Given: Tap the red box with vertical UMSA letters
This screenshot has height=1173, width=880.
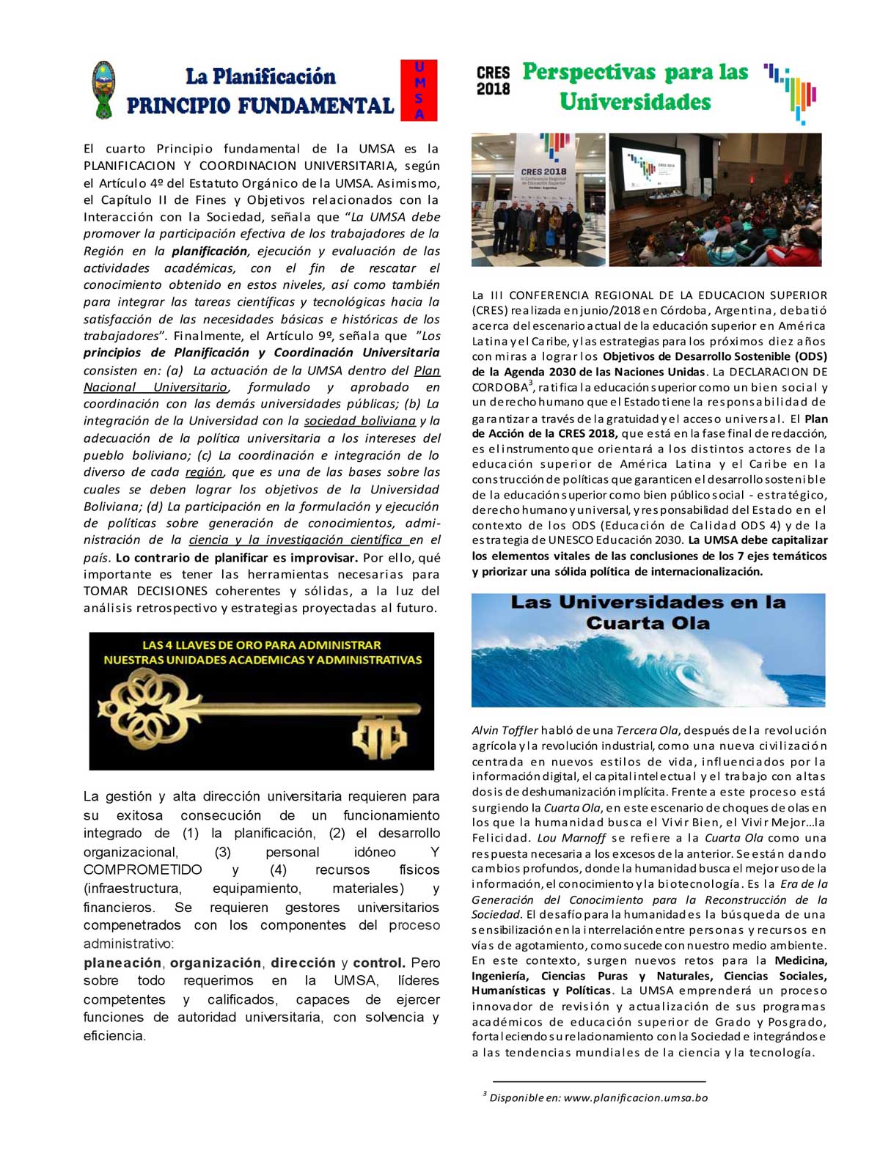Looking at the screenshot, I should [x=419, y=90].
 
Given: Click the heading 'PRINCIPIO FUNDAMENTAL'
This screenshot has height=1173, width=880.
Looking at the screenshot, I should [x=260, y=106].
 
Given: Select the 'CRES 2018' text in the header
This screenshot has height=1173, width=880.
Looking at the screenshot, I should [x=493, y=81].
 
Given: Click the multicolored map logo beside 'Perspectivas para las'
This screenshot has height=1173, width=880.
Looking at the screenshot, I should [x=792, y=92].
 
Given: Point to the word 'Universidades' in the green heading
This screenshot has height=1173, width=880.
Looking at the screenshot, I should [x=635, y=102].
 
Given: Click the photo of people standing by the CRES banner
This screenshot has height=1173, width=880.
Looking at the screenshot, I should [x=538, y=199].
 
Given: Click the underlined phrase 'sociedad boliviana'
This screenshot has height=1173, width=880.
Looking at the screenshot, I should [x=360, y=421].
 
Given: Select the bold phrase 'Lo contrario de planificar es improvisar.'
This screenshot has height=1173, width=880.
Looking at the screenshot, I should [x=237, y=557].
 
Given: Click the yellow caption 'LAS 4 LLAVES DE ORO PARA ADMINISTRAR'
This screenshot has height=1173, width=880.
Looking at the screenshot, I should [x=262, y=645].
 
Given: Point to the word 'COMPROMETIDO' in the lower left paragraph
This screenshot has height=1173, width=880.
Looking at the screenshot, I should [x=142, y=870].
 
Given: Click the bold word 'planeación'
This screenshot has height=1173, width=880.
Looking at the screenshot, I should [x=122, y=963].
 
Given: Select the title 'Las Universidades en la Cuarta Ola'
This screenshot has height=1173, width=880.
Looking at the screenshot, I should [x=648, y=613].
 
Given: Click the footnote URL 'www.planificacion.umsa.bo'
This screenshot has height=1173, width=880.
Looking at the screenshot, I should [x=636, y=1097].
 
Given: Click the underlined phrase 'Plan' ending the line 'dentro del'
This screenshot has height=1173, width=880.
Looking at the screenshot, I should [x=427, y=370].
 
